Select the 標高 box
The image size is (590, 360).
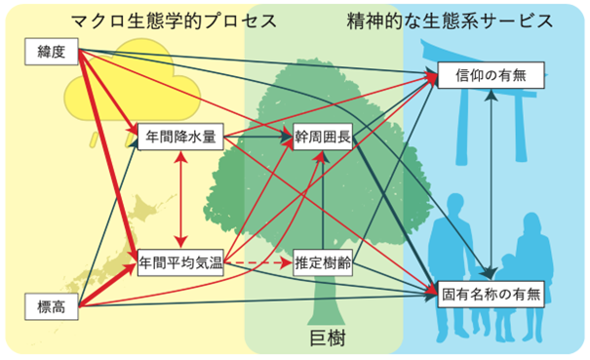tap(45, 308)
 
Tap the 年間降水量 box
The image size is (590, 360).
tap(180, 137)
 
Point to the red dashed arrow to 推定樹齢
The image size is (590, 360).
tap(260, 261)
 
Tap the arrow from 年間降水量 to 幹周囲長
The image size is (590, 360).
tap(257, 138)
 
